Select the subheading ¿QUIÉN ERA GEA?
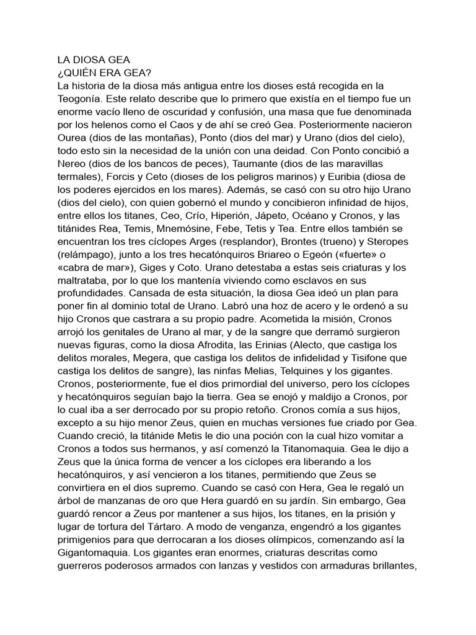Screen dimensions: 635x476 pos(99,72)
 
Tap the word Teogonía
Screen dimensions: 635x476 pos(77,99)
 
